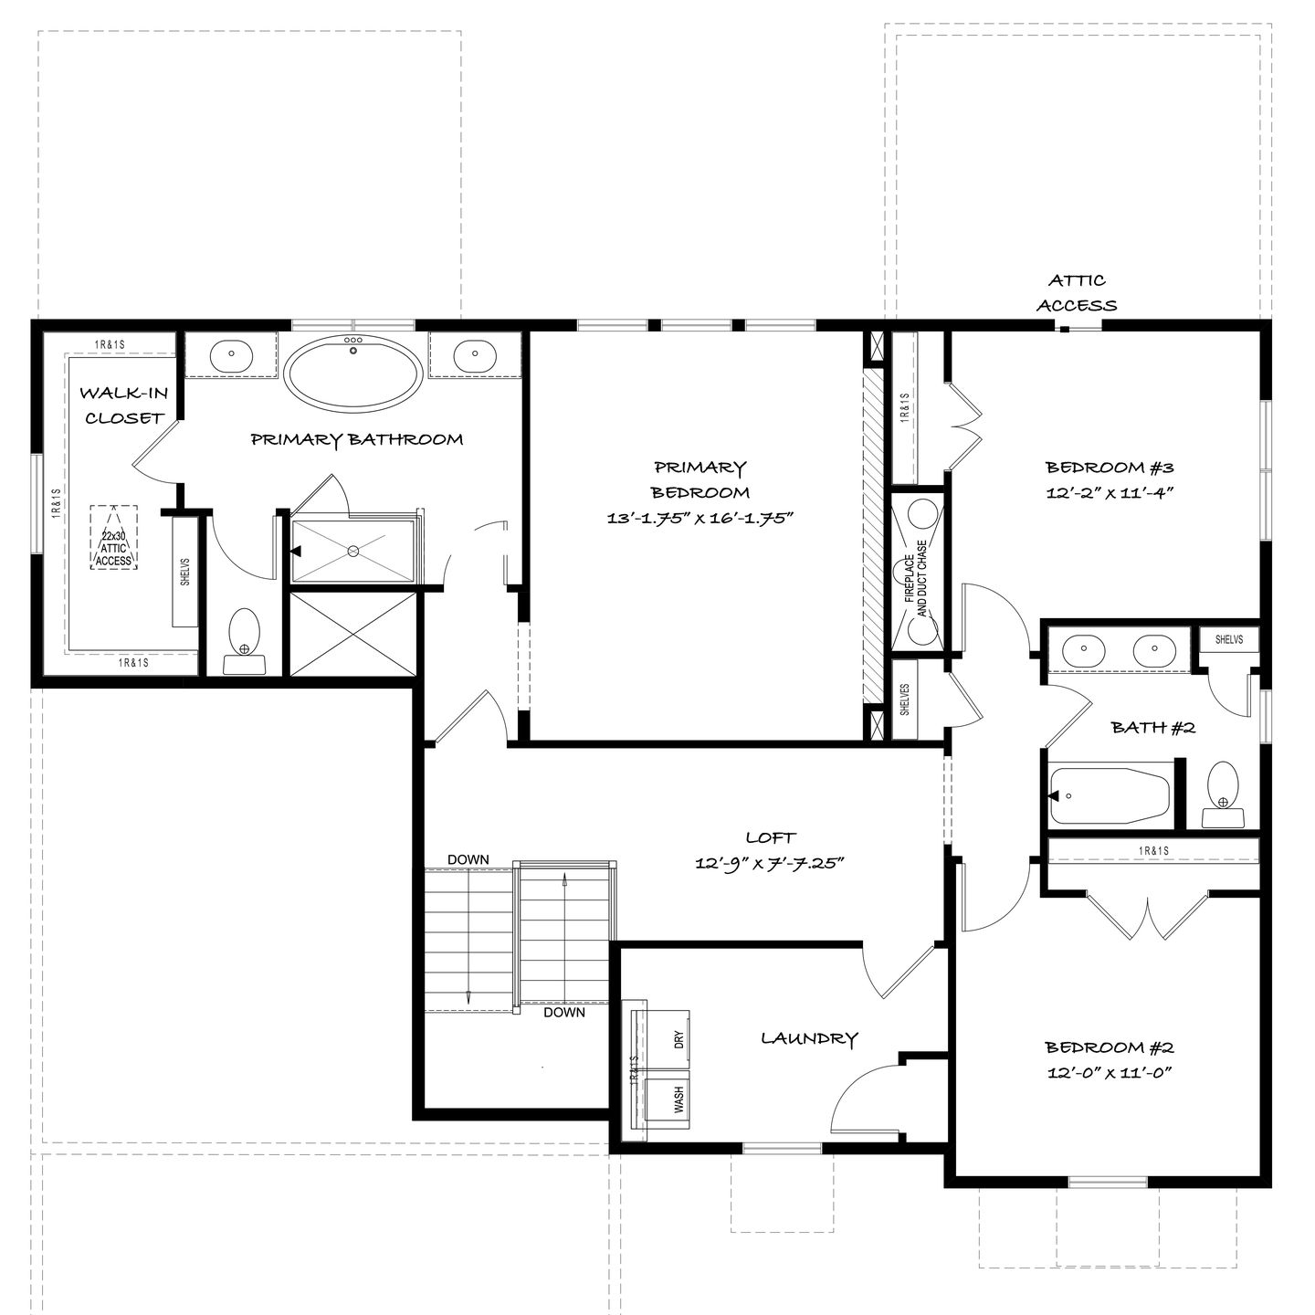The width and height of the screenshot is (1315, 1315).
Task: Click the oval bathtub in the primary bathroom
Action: [x=353, y=373]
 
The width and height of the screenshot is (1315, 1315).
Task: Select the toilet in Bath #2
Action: [x=1223, y=794]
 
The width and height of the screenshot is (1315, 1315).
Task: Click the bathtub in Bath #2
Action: [x=1110, y=795]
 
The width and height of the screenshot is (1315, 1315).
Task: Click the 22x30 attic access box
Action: [x=114, y=537]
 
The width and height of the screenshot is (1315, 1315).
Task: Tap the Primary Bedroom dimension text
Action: [x=700, y=518]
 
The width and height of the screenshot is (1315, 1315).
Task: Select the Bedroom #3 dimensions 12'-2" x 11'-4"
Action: [x=1110, y=492]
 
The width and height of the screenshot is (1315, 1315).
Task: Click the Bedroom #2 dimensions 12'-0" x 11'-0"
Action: [x=1110, y=1072]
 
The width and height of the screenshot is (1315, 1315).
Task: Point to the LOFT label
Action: [x=771, y=836]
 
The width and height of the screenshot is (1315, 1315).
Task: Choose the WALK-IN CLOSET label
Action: [x=123, y=405]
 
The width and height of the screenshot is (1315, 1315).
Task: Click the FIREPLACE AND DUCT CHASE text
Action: [x=916, y=579]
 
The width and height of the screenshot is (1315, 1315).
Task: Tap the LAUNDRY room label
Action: [x=809, y=1038]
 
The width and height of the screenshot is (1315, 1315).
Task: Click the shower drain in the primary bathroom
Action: [x=352, y=550]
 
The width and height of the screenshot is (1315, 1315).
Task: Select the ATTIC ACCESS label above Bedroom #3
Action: [x=1077, y=293]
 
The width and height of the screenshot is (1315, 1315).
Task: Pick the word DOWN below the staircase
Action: [x=564, y=1013]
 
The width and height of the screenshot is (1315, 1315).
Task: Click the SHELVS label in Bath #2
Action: [x=1229, y=639]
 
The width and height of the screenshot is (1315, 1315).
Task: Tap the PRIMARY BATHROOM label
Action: [x=357, y=439]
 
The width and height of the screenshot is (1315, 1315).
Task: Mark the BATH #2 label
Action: [x=1153, y=728]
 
